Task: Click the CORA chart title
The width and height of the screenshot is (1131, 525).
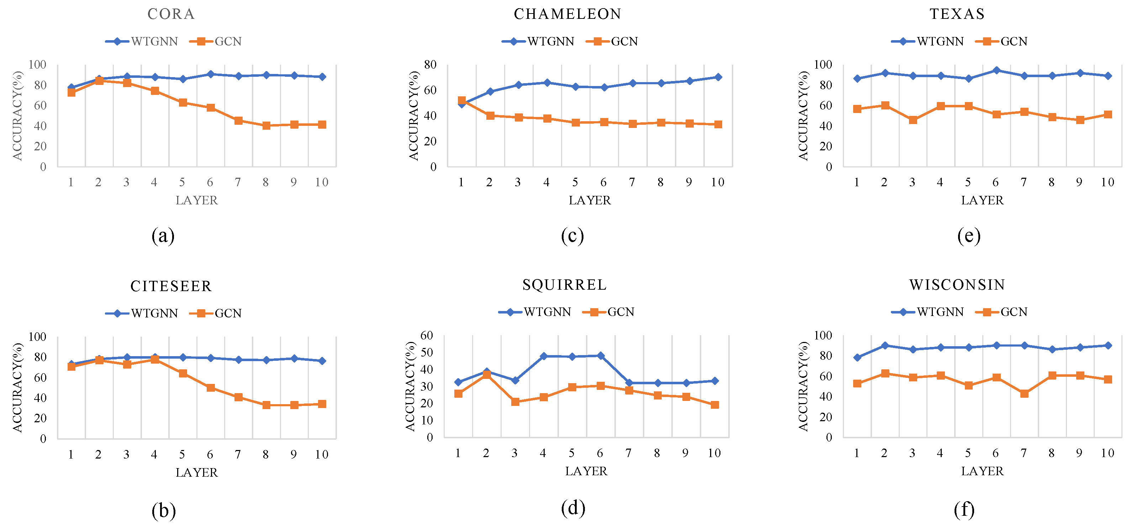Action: click(x=171, y=14)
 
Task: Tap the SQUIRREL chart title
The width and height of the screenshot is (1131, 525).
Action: click(x=565, y=285)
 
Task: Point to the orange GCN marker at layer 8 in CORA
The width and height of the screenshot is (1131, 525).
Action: click(x=266, y=125)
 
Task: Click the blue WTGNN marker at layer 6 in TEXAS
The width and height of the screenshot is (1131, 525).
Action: click(x=996, y=70)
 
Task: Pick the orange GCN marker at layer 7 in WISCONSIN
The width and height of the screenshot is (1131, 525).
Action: click(x=1024, y=393)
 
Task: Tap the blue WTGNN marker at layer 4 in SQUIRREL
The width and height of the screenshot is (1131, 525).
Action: click(x=544, y=356)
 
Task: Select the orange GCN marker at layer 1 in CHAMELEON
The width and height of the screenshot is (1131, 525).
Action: click(x=461, y=101)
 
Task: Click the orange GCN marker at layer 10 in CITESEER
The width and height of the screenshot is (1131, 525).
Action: click(x=322, y=404)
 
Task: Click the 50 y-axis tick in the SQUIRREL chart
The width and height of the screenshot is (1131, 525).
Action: click(x=427, y=352)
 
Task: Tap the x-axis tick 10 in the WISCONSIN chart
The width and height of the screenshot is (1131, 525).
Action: click(x=1107, y=453)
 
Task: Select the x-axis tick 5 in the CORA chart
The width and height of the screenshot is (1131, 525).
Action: click(x=182, y=182)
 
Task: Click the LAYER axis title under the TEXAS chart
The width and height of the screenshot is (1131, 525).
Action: click(x=982, y=200)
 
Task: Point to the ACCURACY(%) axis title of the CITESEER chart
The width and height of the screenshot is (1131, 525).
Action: click(x=17, y=387)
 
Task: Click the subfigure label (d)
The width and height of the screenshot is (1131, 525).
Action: click(x=573, y=508)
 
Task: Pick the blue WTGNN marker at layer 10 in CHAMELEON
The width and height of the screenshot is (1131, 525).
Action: click(x=718, y=77)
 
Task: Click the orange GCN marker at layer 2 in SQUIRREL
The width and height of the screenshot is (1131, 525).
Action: click(x=486, y=375)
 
